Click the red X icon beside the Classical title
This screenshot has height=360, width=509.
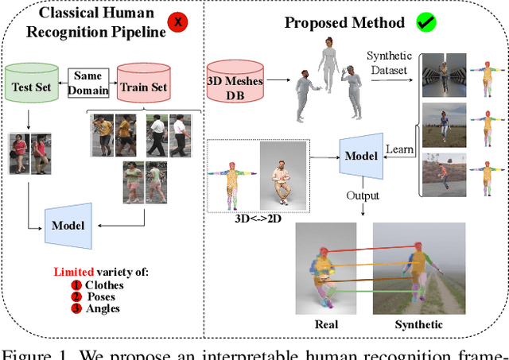pos(178,22)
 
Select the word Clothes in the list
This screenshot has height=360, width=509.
pos(105,285)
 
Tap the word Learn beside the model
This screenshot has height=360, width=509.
pos(400,149)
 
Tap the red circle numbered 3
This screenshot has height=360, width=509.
pos(76,308)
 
